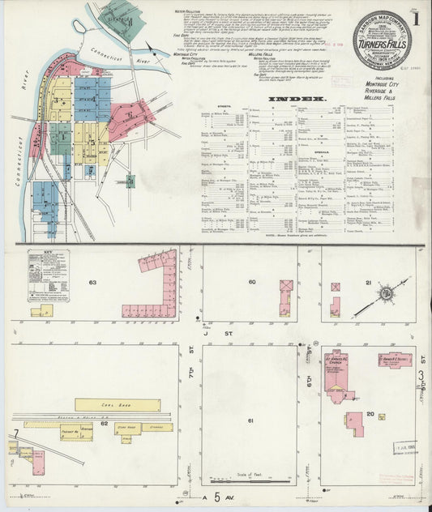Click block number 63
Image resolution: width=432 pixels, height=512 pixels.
tap(93, 283)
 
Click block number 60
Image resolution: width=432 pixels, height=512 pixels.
tap(252, 282)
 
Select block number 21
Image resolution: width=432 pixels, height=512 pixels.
tap(367, 282)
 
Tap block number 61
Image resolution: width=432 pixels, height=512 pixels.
tap(251, 421)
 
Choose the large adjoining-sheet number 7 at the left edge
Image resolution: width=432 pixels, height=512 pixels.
tap(15, 435)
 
